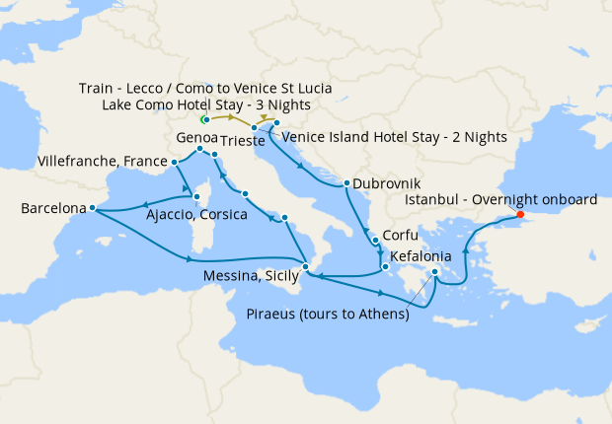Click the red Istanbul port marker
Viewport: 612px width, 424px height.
tap(520, 215)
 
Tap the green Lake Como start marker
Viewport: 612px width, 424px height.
tap(204, 119)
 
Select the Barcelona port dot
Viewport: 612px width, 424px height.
tap(91, 208)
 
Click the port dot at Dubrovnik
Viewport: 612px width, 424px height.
tap(345, 183)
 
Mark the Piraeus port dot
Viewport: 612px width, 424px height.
tap(435, 271)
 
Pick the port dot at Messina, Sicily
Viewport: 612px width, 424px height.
tap(306, 266)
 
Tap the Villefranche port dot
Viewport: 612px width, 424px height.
tap(174, 161)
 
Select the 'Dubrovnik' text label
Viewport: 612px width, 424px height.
tap(388, 183)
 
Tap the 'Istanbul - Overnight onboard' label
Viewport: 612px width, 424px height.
tap(501, 198)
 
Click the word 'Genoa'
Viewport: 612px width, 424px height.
tap(195, 137)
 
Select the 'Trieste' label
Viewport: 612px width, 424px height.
tap(244, 142)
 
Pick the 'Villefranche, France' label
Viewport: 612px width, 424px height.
tap(102, 160)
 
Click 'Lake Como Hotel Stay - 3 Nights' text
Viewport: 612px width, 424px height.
tap(207, 105)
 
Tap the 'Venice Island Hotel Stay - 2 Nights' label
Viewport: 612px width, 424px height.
tap(395, 136)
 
